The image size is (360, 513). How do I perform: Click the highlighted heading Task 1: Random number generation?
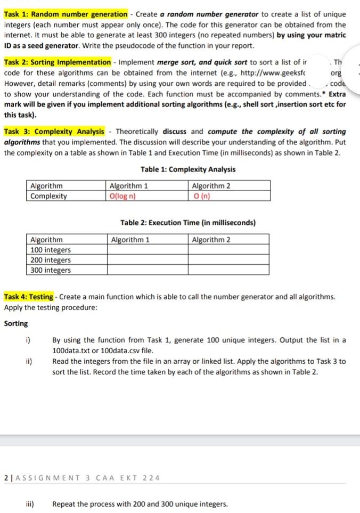[66, 14]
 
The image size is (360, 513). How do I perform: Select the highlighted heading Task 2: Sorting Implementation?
[58, 63]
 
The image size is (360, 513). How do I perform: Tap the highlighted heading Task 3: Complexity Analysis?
[54, 132]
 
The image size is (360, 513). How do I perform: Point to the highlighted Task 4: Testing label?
[29, 297]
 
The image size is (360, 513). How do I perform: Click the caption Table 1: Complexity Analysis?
[188, 169]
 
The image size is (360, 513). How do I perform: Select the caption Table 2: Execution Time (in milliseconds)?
[188, 223]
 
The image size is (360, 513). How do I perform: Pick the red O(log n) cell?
[122, 196]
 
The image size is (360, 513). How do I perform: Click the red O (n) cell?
[201, 196]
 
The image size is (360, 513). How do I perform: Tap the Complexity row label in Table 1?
[48, 196]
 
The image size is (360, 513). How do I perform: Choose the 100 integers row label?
[51, 250]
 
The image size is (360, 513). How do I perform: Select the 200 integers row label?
[51, 260]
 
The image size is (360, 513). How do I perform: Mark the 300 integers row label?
[51, 270]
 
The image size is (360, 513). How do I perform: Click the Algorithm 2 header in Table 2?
[211, 240]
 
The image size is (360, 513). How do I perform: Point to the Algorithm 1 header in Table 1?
[128, 186]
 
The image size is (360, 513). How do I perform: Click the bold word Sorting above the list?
[16, 323]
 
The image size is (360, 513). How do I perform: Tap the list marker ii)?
[29, 361]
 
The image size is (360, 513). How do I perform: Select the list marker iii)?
[30, 504]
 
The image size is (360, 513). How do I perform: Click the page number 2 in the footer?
[5, 477]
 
